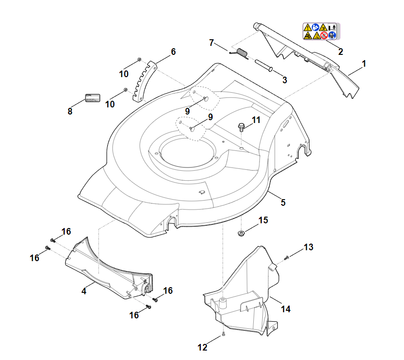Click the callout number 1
(364, 63)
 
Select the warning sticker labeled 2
(321, 31)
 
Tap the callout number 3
(284, 80)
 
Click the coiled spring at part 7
(241, 53)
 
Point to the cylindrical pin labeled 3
(264, 65)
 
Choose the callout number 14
(285, 309)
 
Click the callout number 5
(283, 202)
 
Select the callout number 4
(84, 291)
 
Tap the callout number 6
(173, 52)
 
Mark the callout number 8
(70, 111)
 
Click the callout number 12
(202, 348)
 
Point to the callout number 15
(263, 220)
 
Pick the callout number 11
(256, 120)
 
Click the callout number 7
(212, 43)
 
